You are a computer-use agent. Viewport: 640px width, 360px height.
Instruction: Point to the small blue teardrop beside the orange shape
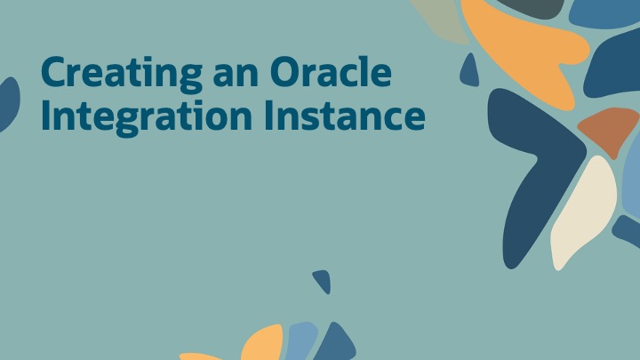point(468,72)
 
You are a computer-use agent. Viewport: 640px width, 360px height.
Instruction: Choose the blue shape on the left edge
point(8,102)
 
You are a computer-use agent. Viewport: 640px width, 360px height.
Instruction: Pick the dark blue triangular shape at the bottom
point(336,345)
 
